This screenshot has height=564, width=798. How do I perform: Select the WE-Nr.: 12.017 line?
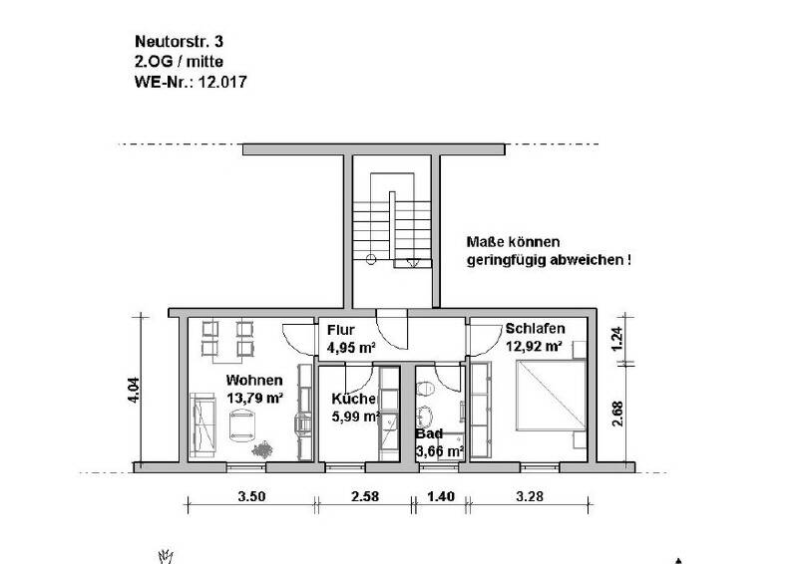coord(190,83)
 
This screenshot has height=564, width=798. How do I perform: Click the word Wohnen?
coord(253,381)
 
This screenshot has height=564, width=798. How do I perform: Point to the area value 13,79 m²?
coord(255,398)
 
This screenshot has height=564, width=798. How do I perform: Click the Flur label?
coord(337,331)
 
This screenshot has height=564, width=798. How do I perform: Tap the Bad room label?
coord(430,434)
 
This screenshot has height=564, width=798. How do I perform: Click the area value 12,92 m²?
coord(535,346)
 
